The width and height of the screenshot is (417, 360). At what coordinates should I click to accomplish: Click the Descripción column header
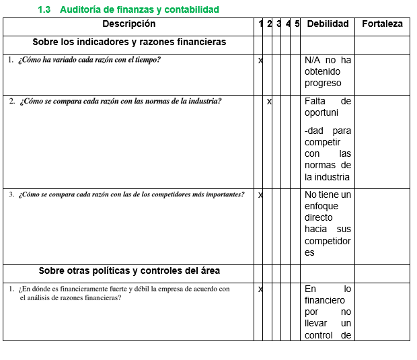(x=128, y=24)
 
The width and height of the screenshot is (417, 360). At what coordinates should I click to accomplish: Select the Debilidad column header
(x=328, y=24)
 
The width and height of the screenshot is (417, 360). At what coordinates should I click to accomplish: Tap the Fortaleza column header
(x=382, y=24)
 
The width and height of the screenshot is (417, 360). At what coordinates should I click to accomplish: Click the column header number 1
(x=261, y=24)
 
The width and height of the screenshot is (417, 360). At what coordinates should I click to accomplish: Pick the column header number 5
(x=297, y=24)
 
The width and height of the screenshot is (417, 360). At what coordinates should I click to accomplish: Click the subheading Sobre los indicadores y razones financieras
(x=128, y=42)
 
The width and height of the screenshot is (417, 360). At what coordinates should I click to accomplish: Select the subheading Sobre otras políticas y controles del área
(x=128, y=271)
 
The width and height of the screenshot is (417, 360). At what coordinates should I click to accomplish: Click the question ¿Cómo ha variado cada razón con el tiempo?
(x=89, y=59)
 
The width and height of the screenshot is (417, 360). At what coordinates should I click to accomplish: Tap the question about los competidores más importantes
(x=131, y=194)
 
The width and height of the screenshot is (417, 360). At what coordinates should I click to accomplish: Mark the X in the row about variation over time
(x=261, y=61)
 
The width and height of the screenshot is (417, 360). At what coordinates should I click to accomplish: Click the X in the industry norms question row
(x=270, y=102)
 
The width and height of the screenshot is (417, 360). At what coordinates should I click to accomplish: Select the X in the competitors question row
(x=261, y=195)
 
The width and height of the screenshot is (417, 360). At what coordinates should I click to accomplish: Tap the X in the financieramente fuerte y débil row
(x=261, y=289)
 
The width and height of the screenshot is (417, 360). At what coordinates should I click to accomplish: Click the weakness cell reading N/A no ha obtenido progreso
(x=328, y=72)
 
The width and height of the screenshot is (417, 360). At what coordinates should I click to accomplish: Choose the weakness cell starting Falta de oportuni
(x=328, y=139)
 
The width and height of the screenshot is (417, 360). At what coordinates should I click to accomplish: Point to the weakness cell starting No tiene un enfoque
(x=328, y=224)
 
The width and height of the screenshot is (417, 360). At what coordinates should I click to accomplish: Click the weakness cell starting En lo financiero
(x=328, y=312)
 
